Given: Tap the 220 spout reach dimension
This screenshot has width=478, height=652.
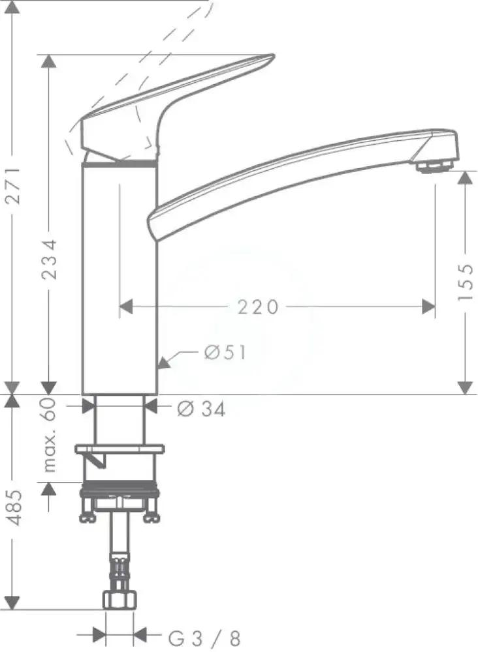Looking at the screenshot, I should [x=257, y=306].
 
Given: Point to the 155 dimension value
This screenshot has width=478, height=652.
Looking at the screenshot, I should [x=465, y=282].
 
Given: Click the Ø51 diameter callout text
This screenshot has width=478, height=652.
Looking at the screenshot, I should [x=225, y=353].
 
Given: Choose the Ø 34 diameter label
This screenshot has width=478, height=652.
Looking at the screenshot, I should [x=201, y=409].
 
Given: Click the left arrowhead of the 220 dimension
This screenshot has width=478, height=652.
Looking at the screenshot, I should [x=125, y=306].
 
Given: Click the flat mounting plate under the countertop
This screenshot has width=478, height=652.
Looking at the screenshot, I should [x=120, y=449].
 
